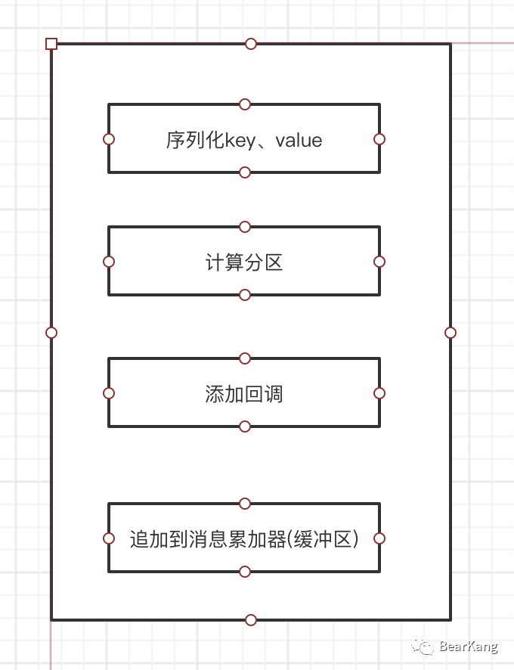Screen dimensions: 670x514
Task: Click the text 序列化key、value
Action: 244,140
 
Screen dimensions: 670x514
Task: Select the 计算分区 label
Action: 244,262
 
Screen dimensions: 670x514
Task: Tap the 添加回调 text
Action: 244,394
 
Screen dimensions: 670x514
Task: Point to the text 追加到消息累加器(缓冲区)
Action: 244,539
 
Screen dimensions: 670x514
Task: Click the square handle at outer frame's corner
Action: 51,44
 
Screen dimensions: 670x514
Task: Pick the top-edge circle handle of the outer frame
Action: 251,44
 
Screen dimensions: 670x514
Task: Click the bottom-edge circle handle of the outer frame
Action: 251,620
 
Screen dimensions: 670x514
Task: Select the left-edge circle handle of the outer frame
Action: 51,333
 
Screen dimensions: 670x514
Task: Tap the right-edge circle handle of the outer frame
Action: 451,333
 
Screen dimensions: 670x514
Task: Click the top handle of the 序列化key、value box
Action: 244,104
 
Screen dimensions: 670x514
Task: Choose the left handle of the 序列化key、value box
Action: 109,139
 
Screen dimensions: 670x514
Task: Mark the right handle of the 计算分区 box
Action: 379,262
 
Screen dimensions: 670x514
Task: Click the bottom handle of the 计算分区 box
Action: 244,295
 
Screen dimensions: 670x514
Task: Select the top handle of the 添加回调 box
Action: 244,358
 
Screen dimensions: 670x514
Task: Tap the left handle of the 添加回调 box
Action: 109,393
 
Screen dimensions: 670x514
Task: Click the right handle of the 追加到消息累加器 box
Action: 379,538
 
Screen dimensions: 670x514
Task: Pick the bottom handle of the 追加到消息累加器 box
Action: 244,572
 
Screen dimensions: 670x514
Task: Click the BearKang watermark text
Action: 468,647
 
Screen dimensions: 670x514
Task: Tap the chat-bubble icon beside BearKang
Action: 423,646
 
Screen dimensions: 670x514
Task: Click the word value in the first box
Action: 299,140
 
